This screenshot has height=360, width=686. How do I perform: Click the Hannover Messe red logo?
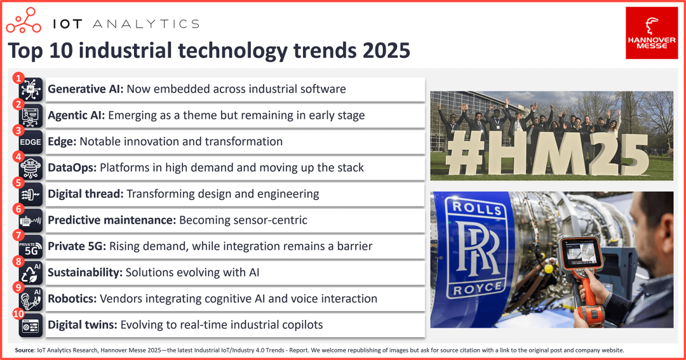tap(652, 33)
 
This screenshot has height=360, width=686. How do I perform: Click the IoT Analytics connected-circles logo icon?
tap(24, 20)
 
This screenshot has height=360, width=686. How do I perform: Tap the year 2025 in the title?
tap(386, 50)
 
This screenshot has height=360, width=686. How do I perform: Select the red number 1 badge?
tap(18, 78)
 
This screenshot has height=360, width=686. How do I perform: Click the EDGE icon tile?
tap(30, 142)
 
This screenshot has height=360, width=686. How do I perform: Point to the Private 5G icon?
tap(30, 247)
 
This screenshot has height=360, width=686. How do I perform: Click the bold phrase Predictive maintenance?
tap(112, 220)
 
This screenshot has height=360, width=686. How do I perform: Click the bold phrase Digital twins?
tap(82, 325)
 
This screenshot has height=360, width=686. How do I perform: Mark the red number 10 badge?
tap(18, 314)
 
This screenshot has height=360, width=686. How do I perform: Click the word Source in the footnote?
tap(25, 350)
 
